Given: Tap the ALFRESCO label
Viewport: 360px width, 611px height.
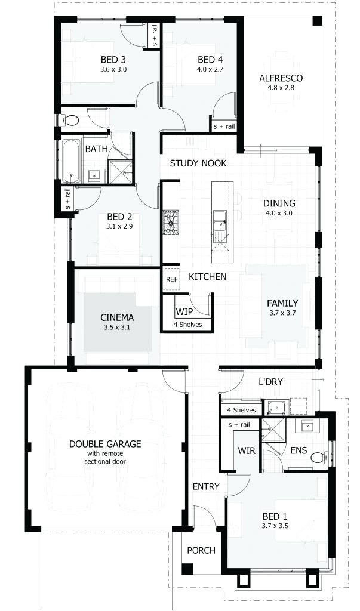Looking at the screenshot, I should click(281, 78).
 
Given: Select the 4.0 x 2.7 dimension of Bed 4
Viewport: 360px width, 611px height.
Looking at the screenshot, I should click(210, 69).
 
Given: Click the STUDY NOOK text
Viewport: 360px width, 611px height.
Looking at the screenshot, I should click(198, 163).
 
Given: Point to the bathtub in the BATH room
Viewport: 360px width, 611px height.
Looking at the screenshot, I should click(71, 160).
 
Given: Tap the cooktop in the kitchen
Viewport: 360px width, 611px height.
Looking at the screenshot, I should click(171, 221).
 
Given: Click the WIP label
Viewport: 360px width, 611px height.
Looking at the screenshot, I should click(183, 311).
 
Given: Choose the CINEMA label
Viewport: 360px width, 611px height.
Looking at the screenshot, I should click(117, 317).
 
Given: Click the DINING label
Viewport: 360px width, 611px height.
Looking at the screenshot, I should click(279, 203).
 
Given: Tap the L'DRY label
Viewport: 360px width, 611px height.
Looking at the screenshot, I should click(270, 381).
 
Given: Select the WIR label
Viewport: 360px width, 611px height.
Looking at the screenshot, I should click(247, 450).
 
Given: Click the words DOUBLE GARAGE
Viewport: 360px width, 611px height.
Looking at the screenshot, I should click(105, 443).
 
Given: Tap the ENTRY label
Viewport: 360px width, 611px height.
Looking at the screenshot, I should click(206, 486).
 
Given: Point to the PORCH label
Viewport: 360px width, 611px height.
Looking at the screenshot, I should click(201, 550).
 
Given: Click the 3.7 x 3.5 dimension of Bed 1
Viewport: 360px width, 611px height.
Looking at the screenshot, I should click(275, 526).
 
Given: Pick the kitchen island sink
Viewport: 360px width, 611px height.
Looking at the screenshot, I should click(219, 218).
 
